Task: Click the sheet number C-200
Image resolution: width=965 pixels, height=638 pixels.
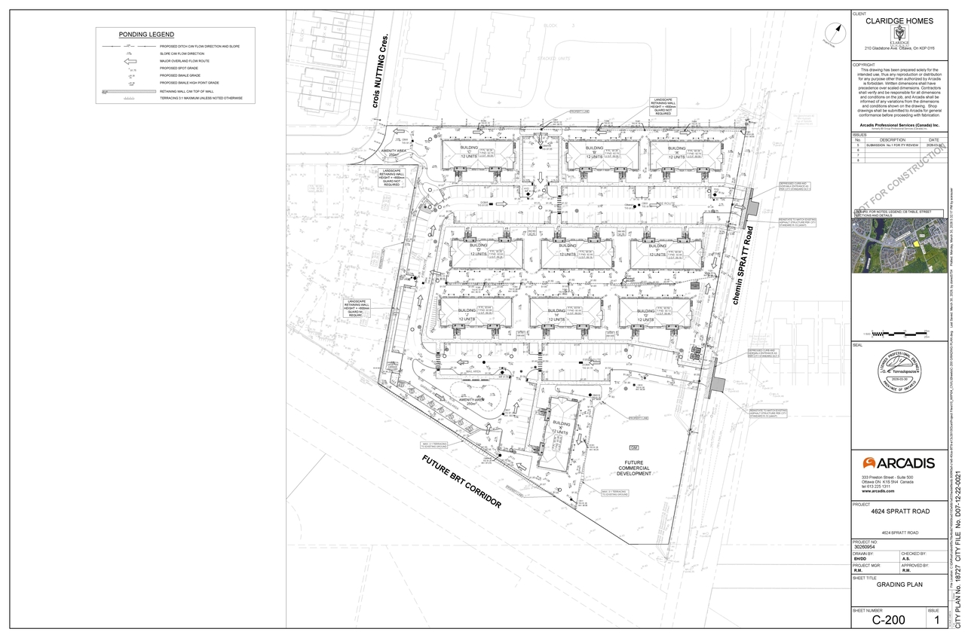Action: pyautogui.click(x=887, y=620)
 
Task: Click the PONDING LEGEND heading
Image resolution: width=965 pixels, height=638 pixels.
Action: pyautogui.click(x=146, y=35)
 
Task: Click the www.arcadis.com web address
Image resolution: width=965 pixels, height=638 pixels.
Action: pyautogui.click(x=882, y=491)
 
